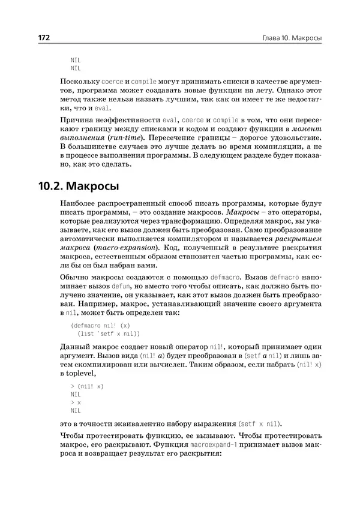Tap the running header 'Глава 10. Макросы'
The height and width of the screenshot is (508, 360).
[287, 38]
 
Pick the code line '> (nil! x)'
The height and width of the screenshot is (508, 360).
[87, 387]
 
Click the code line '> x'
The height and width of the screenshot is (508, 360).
[76, 403]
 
